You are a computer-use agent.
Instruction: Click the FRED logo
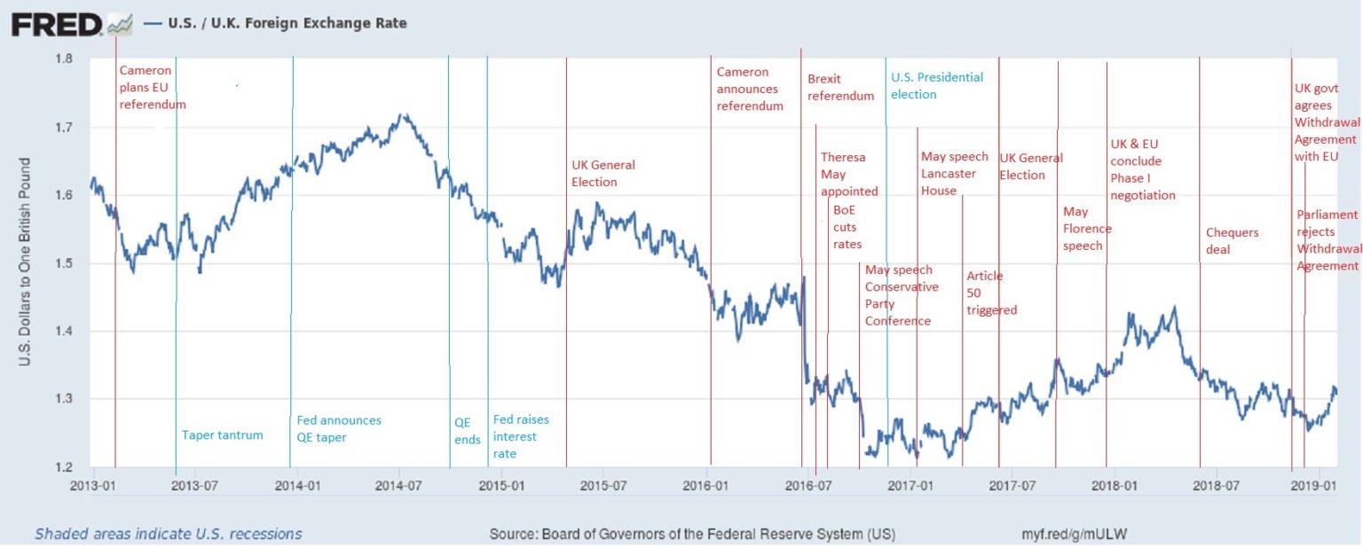(57, 24)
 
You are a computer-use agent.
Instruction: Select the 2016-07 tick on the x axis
(808, 486)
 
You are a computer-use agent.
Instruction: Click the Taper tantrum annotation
(222, 434)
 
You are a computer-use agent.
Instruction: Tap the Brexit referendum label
(840, 87)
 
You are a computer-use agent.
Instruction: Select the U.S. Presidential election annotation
(937, 86)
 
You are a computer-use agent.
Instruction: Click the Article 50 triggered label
(991, 293)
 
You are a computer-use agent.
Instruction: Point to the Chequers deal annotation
(1232, 241)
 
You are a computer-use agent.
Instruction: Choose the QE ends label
(467, 430)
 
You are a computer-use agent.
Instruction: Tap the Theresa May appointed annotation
(848, 174)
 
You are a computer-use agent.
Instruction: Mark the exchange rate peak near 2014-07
(405, 114)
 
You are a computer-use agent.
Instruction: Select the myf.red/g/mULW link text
(1075, 535)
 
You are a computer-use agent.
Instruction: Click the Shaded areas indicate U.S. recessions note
(169, 534)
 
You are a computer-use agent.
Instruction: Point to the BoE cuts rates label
(847, 227)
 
